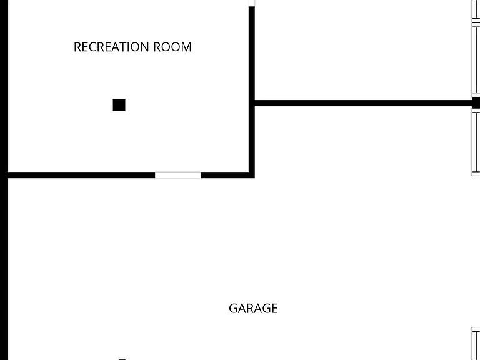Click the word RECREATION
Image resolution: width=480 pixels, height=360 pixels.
[111, 47]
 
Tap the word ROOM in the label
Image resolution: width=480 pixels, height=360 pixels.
[172, 47]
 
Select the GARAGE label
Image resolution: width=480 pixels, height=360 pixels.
[254, 308]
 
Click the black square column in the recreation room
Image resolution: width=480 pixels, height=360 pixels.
[119, 105]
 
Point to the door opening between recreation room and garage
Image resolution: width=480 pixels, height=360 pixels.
[178, 175]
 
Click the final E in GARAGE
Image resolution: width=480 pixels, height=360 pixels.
[274, 308]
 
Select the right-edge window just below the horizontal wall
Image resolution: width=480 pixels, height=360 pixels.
[476, 144]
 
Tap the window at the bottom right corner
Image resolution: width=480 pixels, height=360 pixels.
[476, 344]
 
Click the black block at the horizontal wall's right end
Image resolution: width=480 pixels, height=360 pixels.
[476, 103]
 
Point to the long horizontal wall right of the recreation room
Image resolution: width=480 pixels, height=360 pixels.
[363, 103]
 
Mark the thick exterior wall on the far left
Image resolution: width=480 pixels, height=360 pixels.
[4, 180]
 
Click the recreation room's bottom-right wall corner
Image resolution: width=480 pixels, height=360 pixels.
[252, 175]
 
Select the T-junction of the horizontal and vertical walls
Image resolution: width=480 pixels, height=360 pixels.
[252, 103]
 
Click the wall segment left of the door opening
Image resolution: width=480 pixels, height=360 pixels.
[82, 175]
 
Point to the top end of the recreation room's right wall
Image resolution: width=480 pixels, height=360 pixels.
[252, 7]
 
